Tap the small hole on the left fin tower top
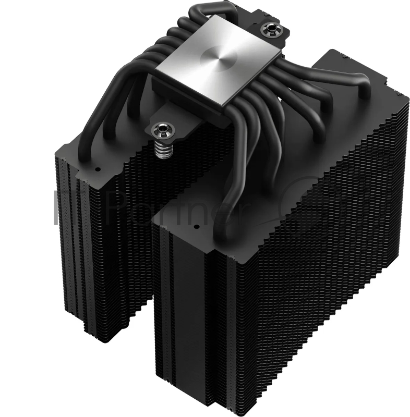tap(96, 170)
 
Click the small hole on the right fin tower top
tap(197, 227)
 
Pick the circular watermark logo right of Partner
tap(303, 208)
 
